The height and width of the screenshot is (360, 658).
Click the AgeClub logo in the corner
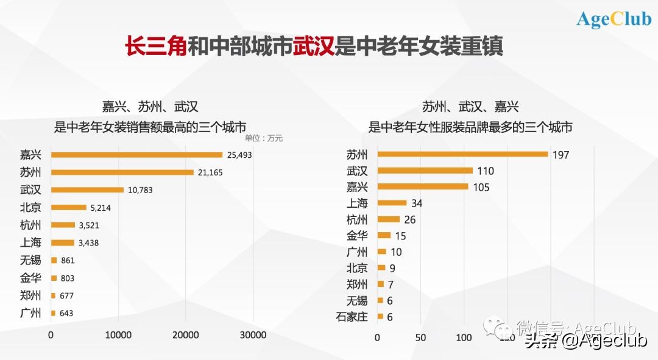614,19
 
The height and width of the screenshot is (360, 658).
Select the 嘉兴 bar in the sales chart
136,155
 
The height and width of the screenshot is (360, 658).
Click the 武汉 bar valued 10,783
87,190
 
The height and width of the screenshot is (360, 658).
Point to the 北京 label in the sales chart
30,208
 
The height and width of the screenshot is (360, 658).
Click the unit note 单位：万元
264,138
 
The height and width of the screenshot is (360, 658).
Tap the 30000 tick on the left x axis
253,334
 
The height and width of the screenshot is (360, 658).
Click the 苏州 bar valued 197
462,154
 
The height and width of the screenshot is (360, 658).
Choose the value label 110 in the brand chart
486,171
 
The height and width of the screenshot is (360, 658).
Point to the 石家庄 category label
352,317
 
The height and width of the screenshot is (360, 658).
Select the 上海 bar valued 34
392,203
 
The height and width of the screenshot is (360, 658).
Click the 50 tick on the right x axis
420,337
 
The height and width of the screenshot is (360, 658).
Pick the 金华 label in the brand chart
356,236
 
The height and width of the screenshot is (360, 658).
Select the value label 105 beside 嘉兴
481,187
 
